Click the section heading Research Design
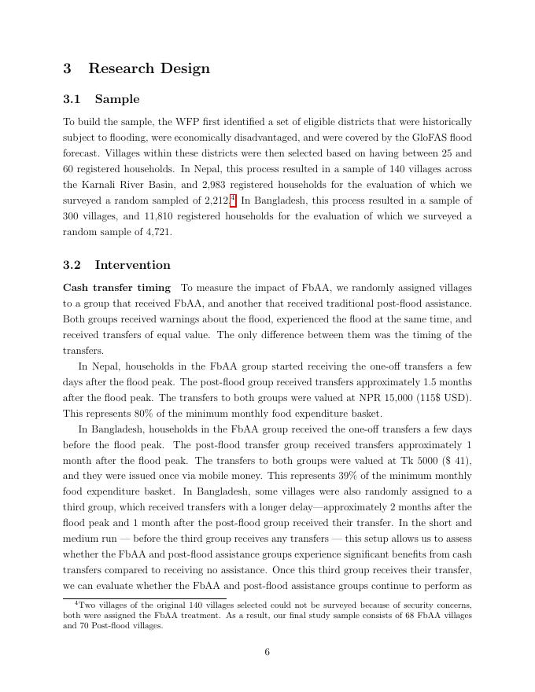click(x=149, y=68)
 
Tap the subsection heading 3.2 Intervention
click(x=116, y=265)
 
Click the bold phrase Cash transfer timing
click(x=116, y=288)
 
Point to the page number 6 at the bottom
click(x=267, y=652)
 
